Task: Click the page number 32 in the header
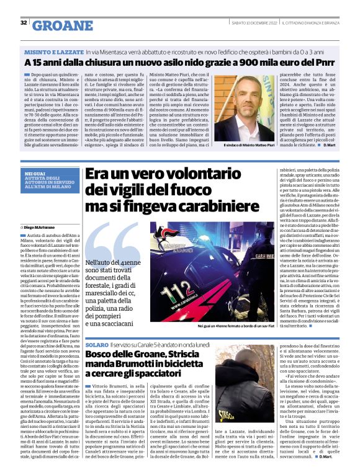pos(23,23)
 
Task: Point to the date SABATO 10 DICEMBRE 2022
pos(245,24)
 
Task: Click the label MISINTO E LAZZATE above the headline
pos(50,53)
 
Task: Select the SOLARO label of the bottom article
pos(97,344)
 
